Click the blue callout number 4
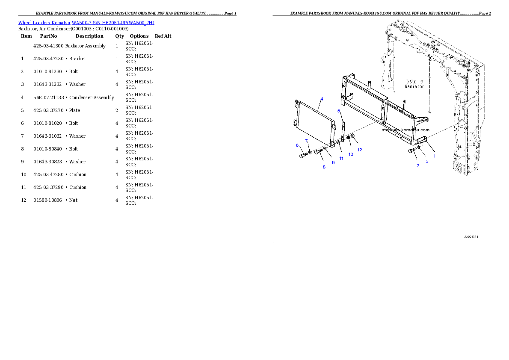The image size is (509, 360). point(322,99)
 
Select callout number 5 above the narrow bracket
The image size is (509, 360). point(339,111)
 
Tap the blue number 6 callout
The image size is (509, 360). point(297,145)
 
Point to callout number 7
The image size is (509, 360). point(306,141)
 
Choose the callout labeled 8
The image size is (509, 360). point(324,167)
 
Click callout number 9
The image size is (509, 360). point(333,162)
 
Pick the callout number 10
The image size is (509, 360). point(351,154)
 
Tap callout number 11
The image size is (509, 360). point(341,158)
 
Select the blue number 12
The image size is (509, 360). point(360,150)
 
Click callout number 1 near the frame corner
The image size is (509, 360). point(435,156)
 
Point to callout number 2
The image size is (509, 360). point(418,166)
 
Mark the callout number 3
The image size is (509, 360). point(427,161)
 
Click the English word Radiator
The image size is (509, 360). point(414,86)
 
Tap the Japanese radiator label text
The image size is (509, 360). point(414,81)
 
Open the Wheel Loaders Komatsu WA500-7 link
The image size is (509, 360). point(86,23)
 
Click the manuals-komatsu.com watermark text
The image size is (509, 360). point(405,130)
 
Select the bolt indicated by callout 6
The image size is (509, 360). point(303,156)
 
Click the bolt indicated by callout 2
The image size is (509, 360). point(412,151)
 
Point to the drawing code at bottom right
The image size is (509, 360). point(471,236)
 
